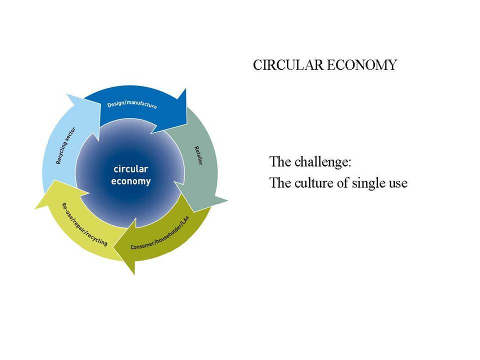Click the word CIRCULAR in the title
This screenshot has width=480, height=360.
(x=288, y=65)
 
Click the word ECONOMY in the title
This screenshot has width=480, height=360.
(x=361, y=65)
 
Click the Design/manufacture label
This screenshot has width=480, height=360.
(x=132, y=104)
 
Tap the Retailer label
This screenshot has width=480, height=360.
(x=198, y=156)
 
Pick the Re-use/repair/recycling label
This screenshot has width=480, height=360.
(x=84, y=224)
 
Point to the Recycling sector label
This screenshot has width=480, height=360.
(x=66, y=145)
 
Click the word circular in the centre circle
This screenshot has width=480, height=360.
(x=130, y=168)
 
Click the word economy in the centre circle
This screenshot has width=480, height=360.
(x=130, y=181)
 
